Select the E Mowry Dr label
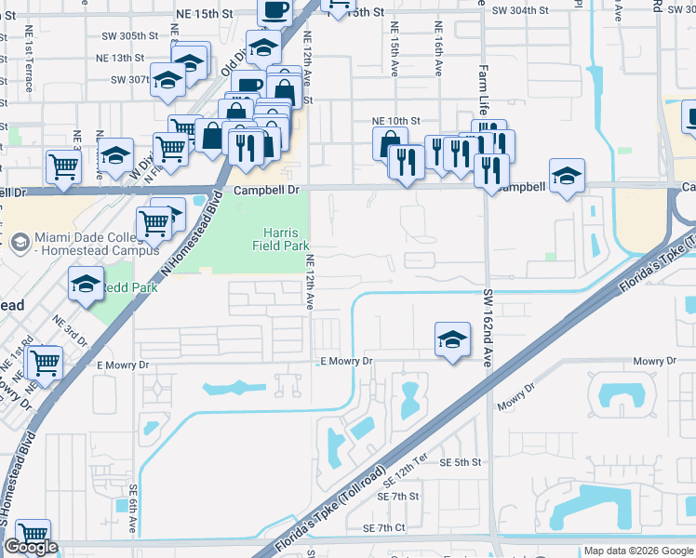click(346, 361)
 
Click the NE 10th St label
click(396, 121)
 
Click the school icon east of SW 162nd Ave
click(567, 176)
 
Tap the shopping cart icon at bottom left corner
click(33, 534)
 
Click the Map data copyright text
click(638, 551)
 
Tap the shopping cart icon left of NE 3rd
click(63, 166)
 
